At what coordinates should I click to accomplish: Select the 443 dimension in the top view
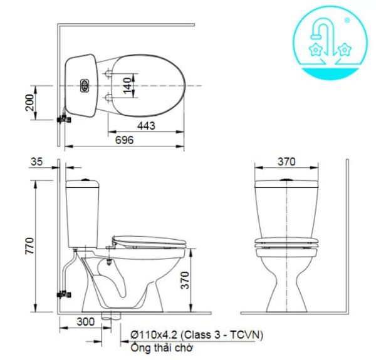[x=146, y=126]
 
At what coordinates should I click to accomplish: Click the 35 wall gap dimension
[x=37, y=162]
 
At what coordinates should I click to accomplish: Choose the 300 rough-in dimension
[x=86, y=321]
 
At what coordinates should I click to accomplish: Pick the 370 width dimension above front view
[x=286, y=162]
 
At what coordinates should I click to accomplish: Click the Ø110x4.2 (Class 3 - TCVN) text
[x=197, y=335]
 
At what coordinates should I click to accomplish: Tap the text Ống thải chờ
[x=162, y=347]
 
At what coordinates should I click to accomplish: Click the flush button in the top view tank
[x=83, y=85]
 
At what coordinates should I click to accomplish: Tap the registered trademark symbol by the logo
[x=347, y=20]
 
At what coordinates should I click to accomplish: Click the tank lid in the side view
[x=83, y=183]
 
